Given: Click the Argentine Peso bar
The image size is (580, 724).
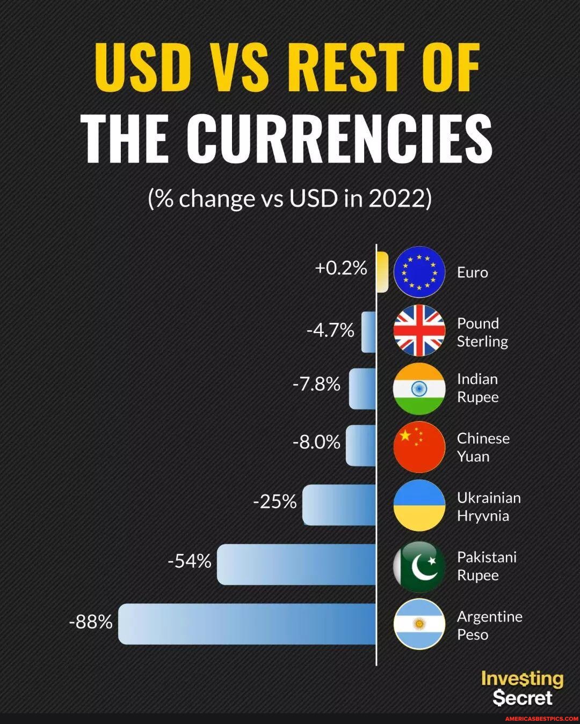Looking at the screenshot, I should click(x=247, y=624).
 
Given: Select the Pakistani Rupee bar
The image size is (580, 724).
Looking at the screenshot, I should click(x=296, y=564).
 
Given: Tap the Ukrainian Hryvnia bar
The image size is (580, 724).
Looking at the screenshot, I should click(x=339, y=505).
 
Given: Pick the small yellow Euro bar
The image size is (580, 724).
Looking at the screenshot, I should click(x=382, y=272).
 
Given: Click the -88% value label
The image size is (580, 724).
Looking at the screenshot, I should click(x=91, y=622).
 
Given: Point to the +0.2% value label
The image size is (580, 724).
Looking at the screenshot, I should click(x=341, y=268).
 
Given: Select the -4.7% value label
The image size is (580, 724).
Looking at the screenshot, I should click(x=330, y=330).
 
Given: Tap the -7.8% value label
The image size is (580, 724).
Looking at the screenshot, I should click(x=316, y=384).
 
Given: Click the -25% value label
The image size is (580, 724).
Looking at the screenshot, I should click(x=274, y=501).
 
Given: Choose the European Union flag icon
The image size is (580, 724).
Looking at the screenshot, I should click(x=419, y=272).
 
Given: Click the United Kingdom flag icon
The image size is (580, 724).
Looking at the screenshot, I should click(x=419, y=330).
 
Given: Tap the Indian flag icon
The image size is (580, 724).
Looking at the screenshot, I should click(x=419, y=388).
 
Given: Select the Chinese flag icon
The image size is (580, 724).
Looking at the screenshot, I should click(x=419, y=447).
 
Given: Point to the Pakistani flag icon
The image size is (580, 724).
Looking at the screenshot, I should click(x=419, y=566).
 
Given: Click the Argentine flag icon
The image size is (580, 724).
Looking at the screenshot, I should click(x=419, y=624).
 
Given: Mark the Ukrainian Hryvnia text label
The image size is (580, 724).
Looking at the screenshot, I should click(x=488, y=507).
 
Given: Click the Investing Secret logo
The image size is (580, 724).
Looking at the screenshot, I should click(x=522, y=688).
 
